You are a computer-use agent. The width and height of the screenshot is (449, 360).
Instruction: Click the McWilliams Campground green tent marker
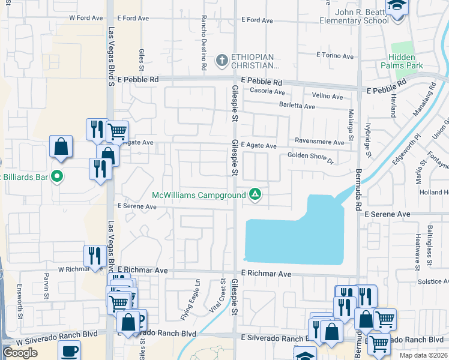[x=255, y=194]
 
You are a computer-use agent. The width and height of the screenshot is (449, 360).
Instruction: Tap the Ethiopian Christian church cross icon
[x=221, y=60]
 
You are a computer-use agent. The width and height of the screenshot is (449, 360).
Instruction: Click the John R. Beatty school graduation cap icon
[x=397, y=7]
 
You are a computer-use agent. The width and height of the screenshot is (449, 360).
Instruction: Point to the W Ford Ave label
[x=86, y=18]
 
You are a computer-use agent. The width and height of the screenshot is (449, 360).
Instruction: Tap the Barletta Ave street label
[x=297, y=106]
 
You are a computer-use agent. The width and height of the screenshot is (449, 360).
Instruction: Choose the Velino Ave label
[x=327, y=96]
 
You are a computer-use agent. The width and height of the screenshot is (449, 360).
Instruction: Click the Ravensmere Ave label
[x=319, y=142]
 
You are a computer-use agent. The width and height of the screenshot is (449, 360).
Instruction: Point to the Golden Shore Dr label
[x=310, y=157]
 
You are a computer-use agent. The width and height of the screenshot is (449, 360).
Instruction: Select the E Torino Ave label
[x=335, y=56]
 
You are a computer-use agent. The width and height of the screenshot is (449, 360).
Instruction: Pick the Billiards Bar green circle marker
[x=57, y=176]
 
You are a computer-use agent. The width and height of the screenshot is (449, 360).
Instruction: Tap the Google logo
[x=20, y=353]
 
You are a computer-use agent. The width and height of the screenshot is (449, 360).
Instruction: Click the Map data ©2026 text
[x=424, y=355]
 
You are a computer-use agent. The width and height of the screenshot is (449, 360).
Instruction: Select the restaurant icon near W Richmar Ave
[x=94, y=256]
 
